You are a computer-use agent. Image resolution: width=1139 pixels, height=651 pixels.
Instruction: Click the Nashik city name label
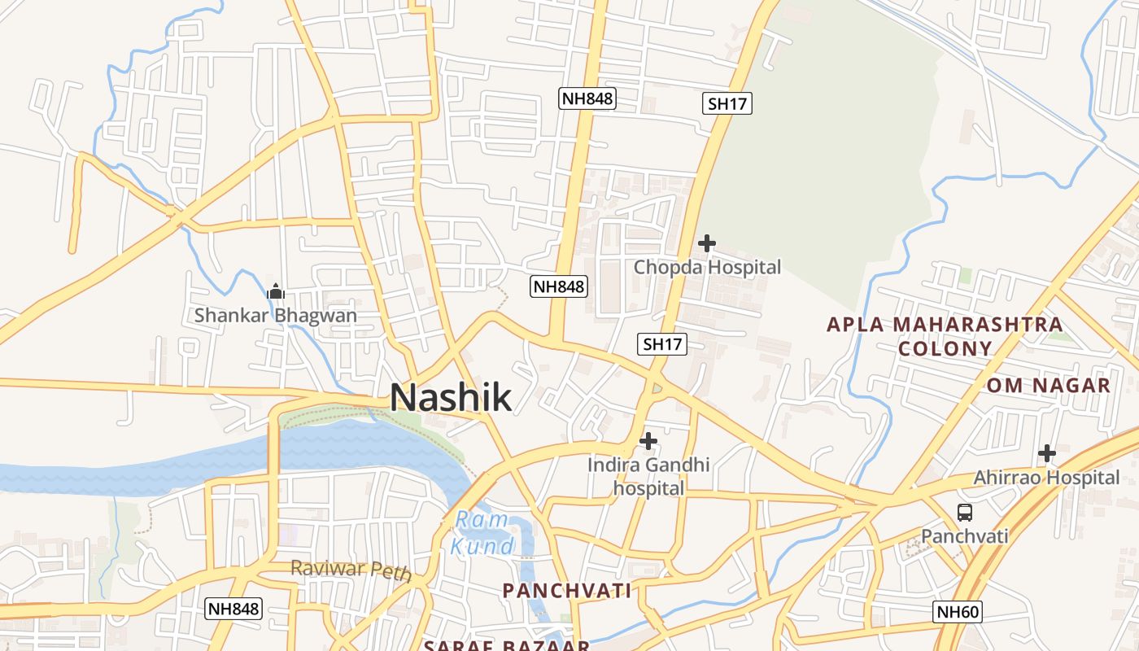pos(451,397)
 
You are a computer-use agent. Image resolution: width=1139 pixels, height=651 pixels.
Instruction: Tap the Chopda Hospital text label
pos(707,267)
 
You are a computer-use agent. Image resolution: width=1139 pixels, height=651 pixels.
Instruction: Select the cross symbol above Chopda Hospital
pos(707,242)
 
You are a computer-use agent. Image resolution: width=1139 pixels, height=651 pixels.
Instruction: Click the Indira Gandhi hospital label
pos(648,477)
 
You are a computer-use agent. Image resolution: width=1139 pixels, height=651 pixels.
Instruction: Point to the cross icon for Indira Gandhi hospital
pos(648,441)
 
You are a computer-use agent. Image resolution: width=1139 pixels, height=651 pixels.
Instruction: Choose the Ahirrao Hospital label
pos(1046,478)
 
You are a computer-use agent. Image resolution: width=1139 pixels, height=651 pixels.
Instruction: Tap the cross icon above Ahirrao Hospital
pos(1047,453)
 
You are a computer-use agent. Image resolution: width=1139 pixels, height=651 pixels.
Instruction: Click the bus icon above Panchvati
pos(965,513)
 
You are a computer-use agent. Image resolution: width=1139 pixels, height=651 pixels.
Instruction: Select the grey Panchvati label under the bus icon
pos(965,536)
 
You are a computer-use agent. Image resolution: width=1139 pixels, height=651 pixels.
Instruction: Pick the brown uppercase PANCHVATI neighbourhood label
pos(567,591)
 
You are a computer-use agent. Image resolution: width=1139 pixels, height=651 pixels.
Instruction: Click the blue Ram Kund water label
pos(482,532)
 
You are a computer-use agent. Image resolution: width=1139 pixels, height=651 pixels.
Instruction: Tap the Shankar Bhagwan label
pos(275,315)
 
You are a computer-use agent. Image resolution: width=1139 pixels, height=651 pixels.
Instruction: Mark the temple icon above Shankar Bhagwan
pos(275,291)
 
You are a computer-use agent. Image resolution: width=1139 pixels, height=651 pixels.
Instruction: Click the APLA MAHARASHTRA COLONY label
pos(945,336)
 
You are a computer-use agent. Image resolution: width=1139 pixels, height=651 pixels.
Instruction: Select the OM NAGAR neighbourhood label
pos(1049,385)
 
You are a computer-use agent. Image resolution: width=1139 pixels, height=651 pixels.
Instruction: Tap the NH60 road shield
pos(958,612)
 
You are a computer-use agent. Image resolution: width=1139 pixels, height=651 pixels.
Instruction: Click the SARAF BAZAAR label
pos(506,645)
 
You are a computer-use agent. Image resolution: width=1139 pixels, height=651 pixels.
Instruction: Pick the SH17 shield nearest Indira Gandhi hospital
pos(661,344)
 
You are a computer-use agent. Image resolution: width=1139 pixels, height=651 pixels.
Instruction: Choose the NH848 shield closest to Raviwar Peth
pos(233,609)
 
